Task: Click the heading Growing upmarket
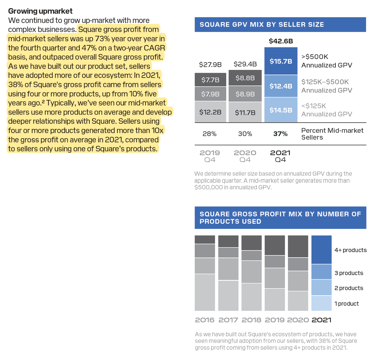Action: click(x=40, y=11)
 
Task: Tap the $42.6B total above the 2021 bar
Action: click(x=281, y=41)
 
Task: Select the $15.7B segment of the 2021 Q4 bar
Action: click(x=281, y=61)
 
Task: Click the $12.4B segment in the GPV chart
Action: click(x=281, y=86)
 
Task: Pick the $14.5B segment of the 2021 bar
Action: click(x=281, y=110)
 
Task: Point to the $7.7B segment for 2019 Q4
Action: click(x=210, y=80)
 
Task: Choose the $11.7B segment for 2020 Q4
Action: click(x=245, y=112)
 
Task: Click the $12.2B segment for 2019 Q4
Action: click(x=210, y=112)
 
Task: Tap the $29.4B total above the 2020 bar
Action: click(x=245, y=64)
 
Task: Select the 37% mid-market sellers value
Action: click(x=280, y=134)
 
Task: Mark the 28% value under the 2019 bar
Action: click(x=209, y=134)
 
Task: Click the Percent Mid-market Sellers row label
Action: click(x=332, y=134)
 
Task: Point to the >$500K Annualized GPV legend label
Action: click(x=327, y=61)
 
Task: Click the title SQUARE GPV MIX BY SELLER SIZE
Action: click(x=262, y=25)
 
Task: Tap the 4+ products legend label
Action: click(x=350, y=250)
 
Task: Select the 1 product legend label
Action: click(x=346, y=304)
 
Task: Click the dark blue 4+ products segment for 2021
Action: click(x=321, y=250)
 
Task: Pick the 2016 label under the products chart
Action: click(x=205, y=320)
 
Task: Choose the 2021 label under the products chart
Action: click(x=321, y=320)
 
